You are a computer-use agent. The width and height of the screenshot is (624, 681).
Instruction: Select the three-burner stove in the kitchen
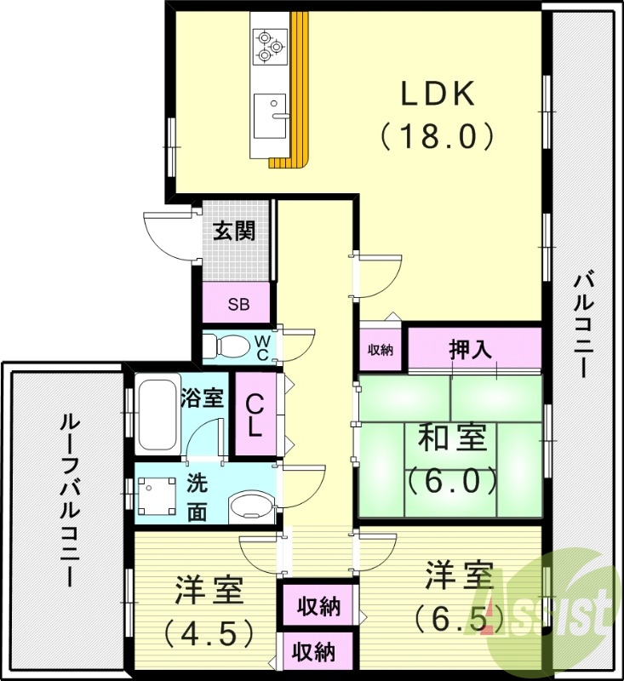click(270, 45)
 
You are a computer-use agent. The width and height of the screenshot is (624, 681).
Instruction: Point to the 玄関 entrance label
click(234, 231)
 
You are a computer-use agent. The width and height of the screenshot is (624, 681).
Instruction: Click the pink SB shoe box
click(238, 304)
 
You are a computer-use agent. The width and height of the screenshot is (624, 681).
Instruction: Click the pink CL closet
click(255, 415)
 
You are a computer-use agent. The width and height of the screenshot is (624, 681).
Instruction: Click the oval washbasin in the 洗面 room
click(250, 506)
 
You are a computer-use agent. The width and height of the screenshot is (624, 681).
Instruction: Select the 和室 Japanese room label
click(451, 439)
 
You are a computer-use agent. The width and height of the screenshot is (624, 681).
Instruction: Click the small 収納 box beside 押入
click(380, 349)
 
